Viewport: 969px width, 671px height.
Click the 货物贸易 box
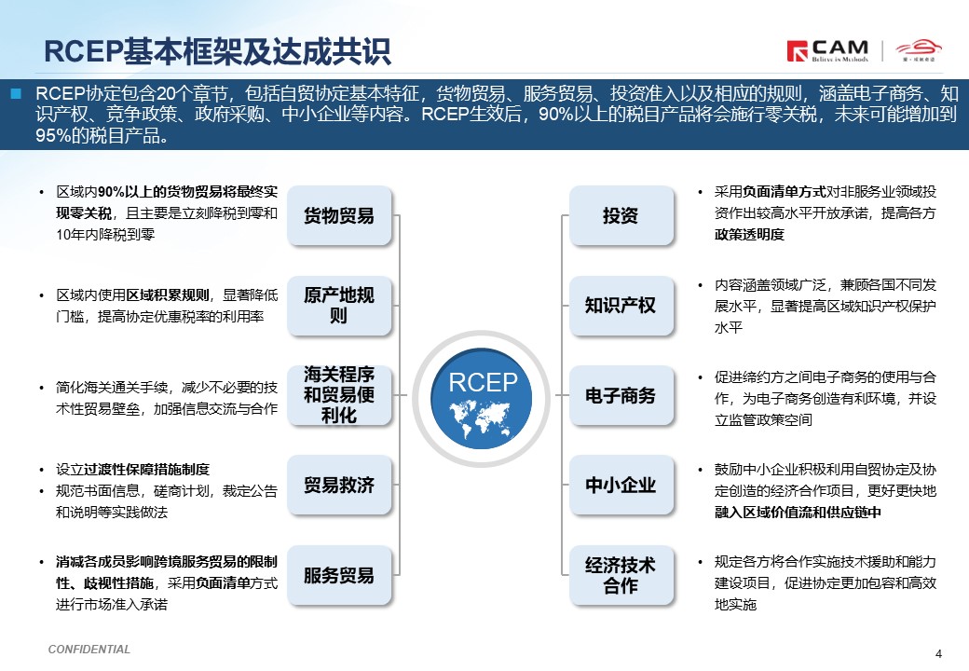click(x=339, y=215)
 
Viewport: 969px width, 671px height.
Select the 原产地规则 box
click(x=339, y=306)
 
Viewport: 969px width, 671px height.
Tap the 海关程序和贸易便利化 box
click(x=339, y=395)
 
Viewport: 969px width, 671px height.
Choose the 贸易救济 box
click(x=339, y=485)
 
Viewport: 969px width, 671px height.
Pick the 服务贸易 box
click(x=339, y=575)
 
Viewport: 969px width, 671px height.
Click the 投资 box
click(x=621, y=215)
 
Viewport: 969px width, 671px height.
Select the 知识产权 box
click(x=621, y=306)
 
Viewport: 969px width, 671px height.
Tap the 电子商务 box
click(x=621, y=395)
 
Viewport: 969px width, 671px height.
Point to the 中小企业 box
click(x=621, y=485)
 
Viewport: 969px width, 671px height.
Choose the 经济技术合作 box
click(x=621, y=575)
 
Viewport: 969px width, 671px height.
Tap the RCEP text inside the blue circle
click(x=483, y=382)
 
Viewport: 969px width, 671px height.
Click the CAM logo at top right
click(x=827, y=50)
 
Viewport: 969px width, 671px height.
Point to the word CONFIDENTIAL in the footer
click(x=89, y=650)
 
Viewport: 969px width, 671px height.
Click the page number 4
click(x=939, y=653)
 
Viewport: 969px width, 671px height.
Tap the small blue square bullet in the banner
click(x=16, y=94)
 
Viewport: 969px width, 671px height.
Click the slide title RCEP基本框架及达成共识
click(x=217, y=51)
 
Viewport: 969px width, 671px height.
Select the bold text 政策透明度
click(x=749, y=235)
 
